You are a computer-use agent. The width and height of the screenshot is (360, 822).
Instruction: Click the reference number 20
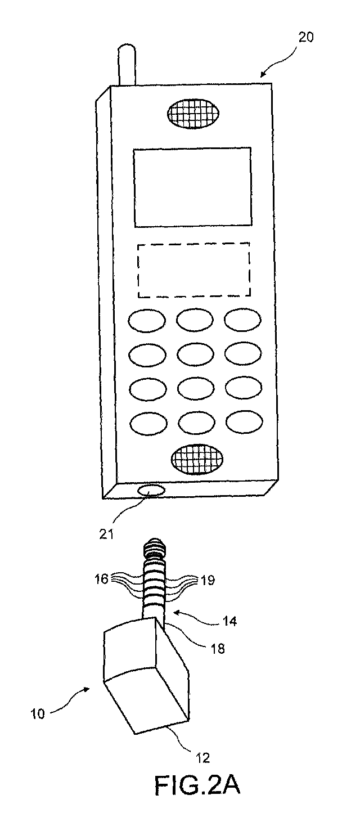pos(305,38)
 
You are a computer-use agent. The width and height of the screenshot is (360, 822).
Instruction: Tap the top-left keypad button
pos(146,321)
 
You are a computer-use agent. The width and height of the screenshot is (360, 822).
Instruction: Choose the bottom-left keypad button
pos(148,424)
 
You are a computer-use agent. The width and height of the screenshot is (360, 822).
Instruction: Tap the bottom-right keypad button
pos(244,423)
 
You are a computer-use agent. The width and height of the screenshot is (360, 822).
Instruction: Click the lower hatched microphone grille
pos(197,459)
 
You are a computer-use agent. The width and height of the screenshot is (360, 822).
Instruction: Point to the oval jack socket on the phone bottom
pos(150,491)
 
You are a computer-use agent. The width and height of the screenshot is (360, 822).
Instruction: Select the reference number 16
pos(102,579)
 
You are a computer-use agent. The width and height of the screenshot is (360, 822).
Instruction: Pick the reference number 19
pos(207,581)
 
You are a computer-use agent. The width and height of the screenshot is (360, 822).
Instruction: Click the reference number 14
pos(229,621)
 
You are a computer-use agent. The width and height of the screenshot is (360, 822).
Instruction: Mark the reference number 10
pos(38,714)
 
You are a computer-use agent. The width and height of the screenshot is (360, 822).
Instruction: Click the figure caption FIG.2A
pos(197,786)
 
